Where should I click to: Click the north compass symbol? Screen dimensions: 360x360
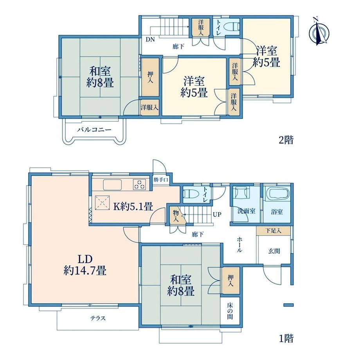[319, 32]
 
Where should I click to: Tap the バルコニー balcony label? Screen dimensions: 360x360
[94, 130]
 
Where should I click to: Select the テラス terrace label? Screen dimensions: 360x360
[98, 318]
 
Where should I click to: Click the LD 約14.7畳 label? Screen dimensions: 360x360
[85, 265]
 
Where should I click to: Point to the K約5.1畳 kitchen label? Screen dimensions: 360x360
[133, 207]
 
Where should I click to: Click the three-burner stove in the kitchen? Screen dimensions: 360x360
[139, 185]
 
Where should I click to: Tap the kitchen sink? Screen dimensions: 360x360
[112, 185]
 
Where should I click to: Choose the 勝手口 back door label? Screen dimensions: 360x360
[161, 180]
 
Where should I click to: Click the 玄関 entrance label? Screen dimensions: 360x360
[274, 251]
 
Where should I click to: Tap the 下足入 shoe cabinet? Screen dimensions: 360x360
[274, 231]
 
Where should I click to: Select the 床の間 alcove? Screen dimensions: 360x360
[230, 311]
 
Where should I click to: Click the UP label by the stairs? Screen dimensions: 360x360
[217, 215]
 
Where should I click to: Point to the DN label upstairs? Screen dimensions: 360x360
[150, 39]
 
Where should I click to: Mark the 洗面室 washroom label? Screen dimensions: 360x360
[247, 211]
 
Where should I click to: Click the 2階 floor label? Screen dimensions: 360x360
[286, 140]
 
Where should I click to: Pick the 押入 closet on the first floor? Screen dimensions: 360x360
[231, 280]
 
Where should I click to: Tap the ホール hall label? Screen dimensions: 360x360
[239, 245]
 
